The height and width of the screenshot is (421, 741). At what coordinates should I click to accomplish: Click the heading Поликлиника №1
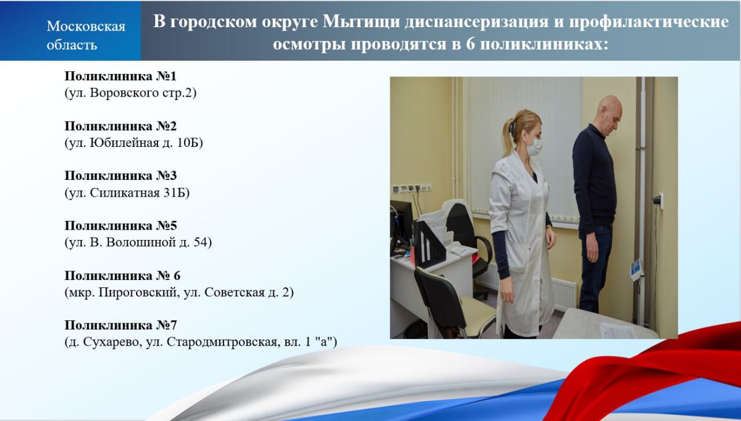tap(120, 76)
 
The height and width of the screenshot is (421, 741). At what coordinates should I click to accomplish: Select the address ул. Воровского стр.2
tap(130, 93)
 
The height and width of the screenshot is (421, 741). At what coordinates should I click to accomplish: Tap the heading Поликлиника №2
tap(120, 126)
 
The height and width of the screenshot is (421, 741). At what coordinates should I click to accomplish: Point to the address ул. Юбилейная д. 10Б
tap(134, 143)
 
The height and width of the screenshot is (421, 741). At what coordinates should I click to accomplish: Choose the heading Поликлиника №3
tap(120, 176)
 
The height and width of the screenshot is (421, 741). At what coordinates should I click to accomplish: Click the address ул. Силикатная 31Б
tap(127, 193)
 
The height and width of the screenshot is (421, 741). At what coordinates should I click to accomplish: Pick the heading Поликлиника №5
tap(120, 226)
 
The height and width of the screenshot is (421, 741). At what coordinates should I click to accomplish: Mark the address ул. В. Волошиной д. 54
tap(138, 242)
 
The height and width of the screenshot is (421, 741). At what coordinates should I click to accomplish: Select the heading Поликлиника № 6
tap(122, 276)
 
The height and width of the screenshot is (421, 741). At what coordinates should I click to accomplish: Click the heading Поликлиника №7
tap(120, 325)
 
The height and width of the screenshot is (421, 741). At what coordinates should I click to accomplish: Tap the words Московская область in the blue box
tap(86, 35)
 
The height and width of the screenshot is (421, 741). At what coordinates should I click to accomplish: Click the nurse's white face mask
tap(534, 147)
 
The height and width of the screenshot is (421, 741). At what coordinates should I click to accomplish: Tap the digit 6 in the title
tap(470, 45)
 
